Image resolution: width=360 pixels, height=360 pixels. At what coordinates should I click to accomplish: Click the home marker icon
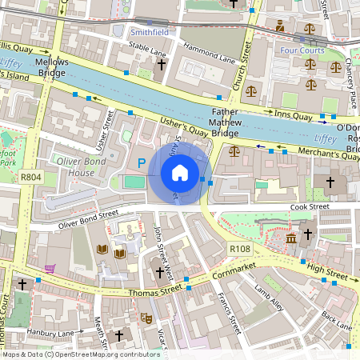[x=180, y=172]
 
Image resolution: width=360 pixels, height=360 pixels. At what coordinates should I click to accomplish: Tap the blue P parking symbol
[x=142, y=164]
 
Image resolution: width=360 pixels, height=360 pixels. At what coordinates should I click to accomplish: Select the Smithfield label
[x=150, y=33]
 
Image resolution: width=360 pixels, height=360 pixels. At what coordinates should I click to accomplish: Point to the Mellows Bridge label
[x=51, y=67]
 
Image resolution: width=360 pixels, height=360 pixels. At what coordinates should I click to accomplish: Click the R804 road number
[x=31, y=178]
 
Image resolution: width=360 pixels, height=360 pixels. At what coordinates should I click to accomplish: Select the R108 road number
[x=240, y=250]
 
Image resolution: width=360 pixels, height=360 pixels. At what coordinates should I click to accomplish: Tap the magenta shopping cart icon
[x=50, y=269]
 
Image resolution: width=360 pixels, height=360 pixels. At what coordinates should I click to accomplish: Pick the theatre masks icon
[x=146, y=318]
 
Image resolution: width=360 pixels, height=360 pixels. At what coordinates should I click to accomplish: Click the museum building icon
[x=290, y=238]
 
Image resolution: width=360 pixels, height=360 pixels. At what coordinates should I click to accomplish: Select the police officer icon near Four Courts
[x=280, y=26]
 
